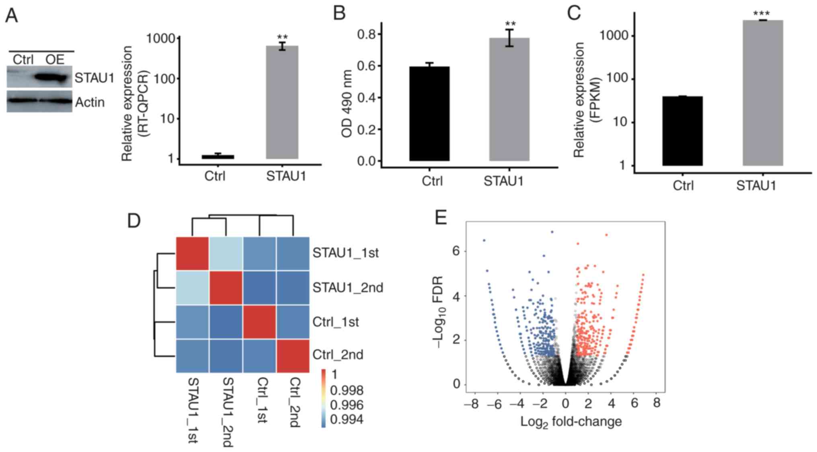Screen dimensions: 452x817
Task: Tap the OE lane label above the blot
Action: coord(55,60)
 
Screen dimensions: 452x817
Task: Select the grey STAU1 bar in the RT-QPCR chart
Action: coord(282,102)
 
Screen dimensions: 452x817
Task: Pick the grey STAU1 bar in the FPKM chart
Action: coord(762,93)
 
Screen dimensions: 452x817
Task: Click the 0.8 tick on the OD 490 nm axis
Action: coord(366,35)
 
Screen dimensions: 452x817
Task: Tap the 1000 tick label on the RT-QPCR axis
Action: coord(161,39)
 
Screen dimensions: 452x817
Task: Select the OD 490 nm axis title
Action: coord(347,103)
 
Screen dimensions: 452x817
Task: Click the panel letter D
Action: coord(134,221)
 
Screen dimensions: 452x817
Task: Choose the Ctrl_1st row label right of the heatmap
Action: coord(335,322)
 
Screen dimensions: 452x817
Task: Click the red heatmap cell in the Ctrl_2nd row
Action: coord(293,356)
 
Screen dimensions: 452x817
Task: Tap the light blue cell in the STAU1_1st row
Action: coord(226,253)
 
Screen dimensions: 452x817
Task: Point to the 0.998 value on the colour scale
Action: coord(346,390)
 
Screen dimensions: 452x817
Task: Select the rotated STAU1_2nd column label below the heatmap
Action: coord(228,412)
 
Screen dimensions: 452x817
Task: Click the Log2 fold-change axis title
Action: coord(571,422)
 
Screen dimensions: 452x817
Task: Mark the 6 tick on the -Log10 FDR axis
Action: coord(456,251)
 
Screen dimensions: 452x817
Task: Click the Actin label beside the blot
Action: coord(90,103)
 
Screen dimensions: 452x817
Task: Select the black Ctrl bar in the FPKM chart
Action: coord(682,131)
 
